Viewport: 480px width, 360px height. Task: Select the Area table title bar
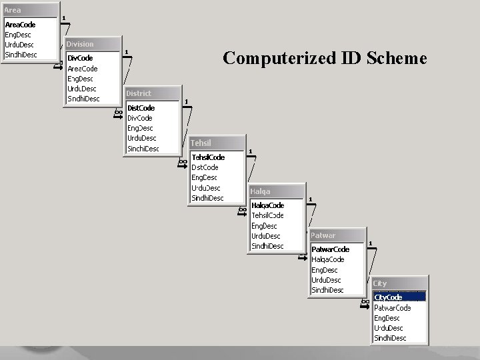point(30,11)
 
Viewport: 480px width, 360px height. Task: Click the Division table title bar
point(93,44)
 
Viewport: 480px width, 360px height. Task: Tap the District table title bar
point(152,93)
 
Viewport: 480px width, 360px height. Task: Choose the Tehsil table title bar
point(217,143)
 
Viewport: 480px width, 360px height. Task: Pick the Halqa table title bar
point(276,191)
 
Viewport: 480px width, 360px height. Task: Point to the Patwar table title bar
point(337,235)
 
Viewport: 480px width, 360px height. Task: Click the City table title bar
point(399,283)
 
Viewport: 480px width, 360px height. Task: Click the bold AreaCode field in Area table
point(21,25)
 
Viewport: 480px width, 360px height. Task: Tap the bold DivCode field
point(81,58)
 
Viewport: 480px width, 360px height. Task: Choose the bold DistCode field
point(141,107)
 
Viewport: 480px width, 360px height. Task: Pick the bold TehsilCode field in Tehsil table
point(208,157)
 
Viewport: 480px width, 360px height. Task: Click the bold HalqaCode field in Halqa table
point(267,205)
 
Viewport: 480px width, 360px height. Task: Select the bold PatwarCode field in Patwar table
point(331,249)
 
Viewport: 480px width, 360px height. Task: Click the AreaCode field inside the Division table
point(83,69)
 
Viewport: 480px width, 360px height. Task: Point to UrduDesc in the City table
point(388,328)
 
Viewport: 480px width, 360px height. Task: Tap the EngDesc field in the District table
point(140,128)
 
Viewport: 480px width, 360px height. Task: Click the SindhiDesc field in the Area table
point(21,55)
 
